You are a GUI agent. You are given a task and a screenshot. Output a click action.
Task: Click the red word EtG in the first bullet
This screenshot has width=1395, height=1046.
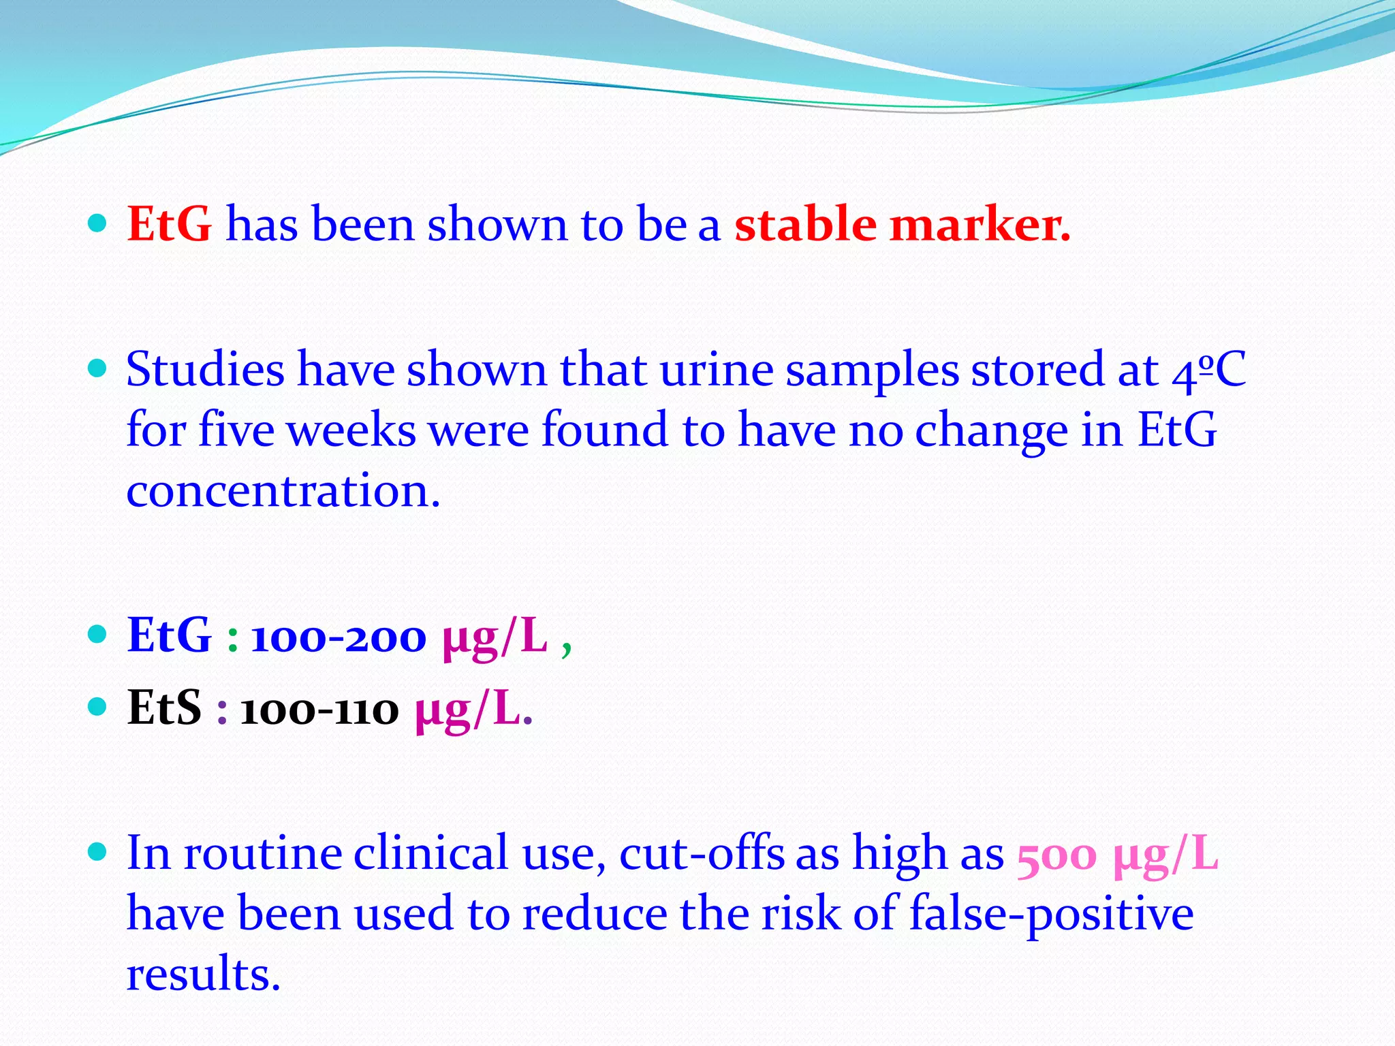click(169, 224)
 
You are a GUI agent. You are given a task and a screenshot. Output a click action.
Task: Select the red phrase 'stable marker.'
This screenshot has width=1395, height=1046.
click(902, 224)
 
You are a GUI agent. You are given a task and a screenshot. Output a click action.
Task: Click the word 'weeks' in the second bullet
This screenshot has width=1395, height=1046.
click(351, 431)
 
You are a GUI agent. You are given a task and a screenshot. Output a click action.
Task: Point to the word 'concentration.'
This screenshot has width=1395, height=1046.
click(283, 491)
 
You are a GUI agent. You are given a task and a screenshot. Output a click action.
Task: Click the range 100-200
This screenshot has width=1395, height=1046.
click(339, 637)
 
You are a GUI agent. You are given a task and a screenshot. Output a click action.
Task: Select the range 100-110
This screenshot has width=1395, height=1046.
click(319, 710)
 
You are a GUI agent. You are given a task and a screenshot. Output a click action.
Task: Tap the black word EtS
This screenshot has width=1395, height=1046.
click(164, 708)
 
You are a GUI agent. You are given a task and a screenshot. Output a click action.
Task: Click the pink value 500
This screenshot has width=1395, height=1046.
click(1056, 855)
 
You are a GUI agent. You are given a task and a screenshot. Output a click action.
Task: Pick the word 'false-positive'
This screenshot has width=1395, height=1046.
click(1051, 915)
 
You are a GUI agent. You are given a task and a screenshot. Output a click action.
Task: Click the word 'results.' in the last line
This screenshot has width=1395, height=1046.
click(204, 974)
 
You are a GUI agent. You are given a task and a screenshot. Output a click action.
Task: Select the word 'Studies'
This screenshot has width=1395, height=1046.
click(206, 370)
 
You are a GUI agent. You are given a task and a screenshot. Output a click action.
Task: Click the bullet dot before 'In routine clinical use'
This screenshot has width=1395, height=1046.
click(98, 851)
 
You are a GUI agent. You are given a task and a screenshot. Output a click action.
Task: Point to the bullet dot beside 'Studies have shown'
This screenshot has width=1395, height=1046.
click(98, 368)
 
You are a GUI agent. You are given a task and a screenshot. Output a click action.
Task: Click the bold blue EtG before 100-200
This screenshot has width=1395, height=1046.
click(169, 636)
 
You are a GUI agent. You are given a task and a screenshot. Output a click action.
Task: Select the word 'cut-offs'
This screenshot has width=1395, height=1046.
click(702, 854)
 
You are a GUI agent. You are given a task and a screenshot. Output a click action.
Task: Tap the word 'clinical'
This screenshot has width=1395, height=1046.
click(430, 854)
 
